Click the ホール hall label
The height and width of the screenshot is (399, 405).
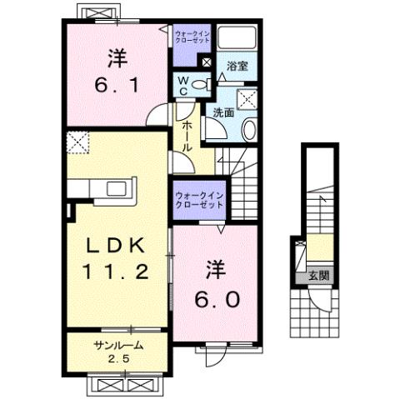[x=187, y=134]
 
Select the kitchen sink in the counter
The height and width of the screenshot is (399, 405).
[x=112, y=188]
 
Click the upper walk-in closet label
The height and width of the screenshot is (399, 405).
[x=192, y=37]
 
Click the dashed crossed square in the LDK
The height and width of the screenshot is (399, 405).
[x=78, y=142]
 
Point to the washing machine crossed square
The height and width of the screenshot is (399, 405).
[x=246, y=99]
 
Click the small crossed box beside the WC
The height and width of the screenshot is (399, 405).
[x=207, y=62]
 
